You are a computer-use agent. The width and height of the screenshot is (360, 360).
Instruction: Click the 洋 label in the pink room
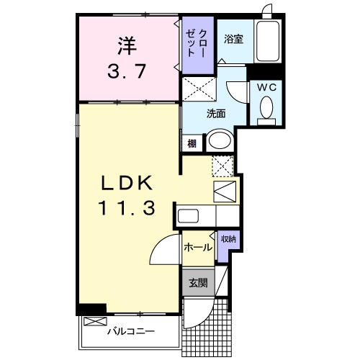(x=127, y=45)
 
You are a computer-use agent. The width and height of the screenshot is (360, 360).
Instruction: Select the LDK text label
(x=127, y=183)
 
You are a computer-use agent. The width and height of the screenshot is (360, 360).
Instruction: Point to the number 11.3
(x=127, y=208)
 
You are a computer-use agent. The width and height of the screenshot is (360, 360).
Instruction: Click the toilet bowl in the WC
(x=266, y=109)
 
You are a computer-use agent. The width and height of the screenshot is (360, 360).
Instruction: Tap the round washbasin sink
(x=220, y=140)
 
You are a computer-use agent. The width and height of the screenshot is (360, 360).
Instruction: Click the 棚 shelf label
(x=192, y=143)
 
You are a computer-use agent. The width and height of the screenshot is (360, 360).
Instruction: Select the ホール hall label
(x=197, y=247)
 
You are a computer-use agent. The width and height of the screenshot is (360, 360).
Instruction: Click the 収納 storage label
(x=228, y=239)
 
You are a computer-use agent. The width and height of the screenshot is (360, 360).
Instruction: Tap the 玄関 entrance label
(x=198, y=283)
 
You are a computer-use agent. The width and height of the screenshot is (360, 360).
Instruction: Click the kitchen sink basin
(x=189, y=216)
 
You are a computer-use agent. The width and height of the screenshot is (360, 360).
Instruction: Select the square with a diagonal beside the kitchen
(x=225, y=190)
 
